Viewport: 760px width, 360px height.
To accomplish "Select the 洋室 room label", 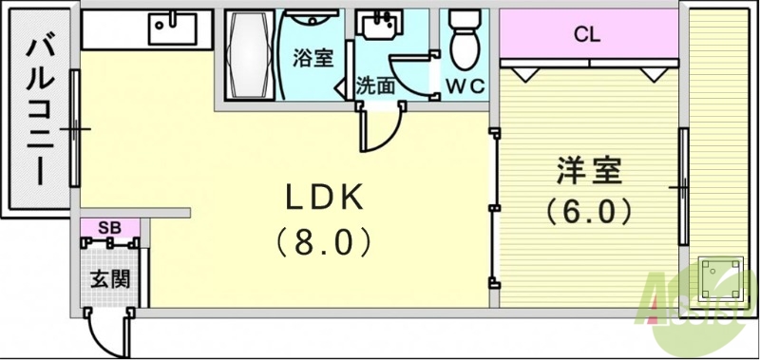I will pyautogui.click(x=588, y=171).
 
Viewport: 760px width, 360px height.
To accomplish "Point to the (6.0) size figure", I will pyautogui.click(x=589, y=210).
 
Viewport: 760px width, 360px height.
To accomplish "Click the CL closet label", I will pyautogui.click(x=586, y=35).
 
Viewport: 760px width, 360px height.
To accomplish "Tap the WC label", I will pyautogui.click(x=465, y=85).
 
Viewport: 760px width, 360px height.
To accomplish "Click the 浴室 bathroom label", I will pyautogui.click(x=313, y=58).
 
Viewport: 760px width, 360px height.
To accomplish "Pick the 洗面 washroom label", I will pyautogui.click(x=375, y=85).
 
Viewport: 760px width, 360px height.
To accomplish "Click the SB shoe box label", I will pyautogui.click(x=109, y=227).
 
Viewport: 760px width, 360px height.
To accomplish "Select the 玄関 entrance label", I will pyautogui.click(x=110, y=280).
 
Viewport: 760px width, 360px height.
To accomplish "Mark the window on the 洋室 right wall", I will pyautogui.click(x=682, y=187).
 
